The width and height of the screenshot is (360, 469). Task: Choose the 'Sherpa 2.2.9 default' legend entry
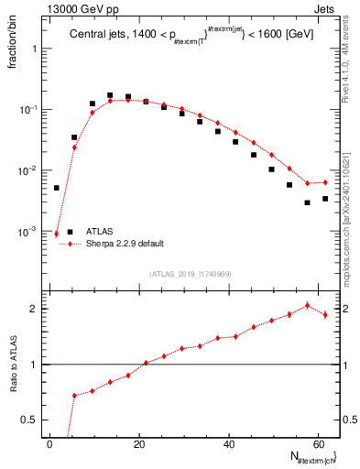126,245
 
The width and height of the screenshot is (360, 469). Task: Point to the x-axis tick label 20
139,444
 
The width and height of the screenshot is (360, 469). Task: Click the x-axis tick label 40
229,444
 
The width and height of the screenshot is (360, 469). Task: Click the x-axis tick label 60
318,444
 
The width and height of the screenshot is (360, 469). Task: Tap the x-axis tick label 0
50,444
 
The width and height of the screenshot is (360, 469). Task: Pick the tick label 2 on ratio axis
36,309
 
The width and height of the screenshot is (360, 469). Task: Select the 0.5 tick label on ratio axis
31,420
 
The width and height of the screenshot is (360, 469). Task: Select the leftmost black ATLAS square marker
57,188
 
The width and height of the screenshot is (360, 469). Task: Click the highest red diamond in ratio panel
307,306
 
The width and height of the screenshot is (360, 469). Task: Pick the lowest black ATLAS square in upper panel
307,202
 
